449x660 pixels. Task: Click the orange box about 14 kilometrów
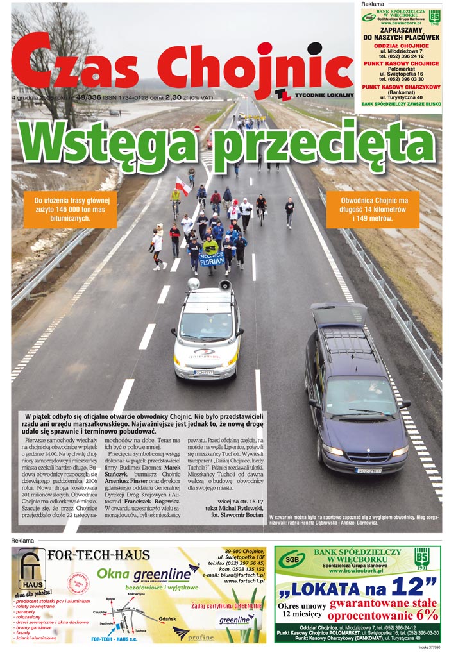pos(364,209)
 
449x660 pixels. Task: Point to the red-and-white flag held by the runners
pos(183,187)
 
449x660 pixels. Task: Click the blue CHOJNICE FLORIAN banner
pos(211,258)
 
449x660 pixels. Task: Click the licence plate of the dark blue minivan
pos(369,470)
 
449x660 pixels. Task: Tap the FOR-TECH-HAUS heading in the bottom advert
pos(99,555)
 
